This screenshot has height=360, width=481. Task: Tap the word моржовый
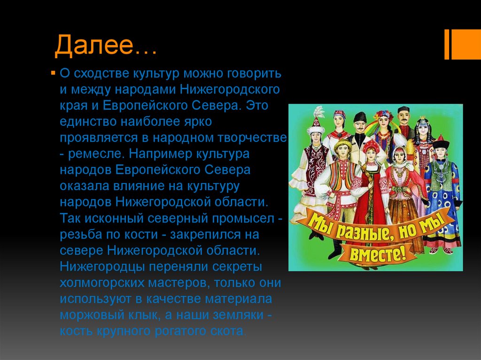[90, 315]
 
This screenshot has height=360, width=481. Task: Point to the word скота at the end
[225, 331]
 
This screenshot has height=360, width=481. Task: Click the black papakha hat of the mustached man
[360, 117]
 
